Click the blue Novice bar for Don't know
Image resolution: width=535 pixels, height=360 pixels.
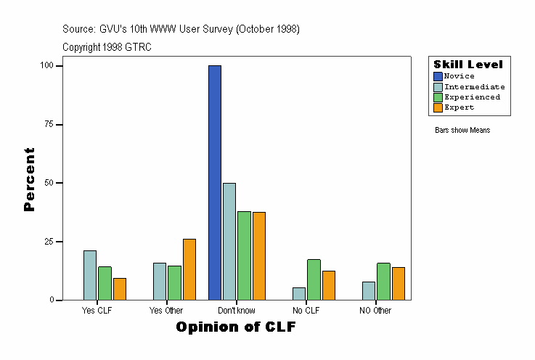pyautogui.click(x=215, y=182)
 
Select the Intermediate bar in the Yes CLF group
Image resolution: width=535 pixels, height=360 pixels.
pyautogui.click(x=90, y=275)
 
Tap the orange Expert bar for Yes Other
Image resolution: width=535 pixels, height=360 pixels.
pyautogui.click(x=189, y=269)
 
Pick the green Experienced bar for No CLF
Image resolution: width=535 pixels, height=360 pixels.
pyautogui.click(x=314, y=279)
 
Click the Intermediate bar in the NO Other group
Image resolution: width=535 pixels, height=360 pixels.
pyautogui.click(x=369, y=290)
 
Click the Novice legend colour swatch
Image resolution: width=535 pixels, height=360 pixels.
pyautogui.click(x=438, y=76)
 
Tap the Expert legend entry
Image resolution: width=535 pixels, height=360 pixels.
pyautogui.click(x=459, y=107)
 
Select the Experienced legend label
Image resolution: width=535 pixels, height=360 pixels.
pyautogui.click(x=472, y=97)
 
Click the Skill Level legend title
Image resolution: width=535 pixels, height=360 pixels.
pyautogui.click(x=468, y=65)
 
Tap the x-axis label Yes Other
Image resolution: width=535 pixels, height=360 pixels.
pyautogui.click(x=166, y=311)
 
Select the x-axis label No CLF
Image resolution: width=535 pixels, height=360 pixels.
pyautogui.click(x=306, y=311)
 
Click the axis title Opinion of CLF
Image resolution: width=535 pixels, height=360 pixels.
pyautogui.click(x=236, y=327)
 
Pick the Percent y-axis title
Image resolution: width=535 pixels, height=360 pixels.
pyautogui.click(x=29, y=179)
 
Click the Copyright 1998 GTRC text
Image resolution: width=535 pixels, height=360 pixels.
pyautogui.click(x=107, y=47)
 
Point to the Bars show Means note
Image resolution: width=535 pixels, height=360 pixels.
pyautogui.click(x=462, y=131)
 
